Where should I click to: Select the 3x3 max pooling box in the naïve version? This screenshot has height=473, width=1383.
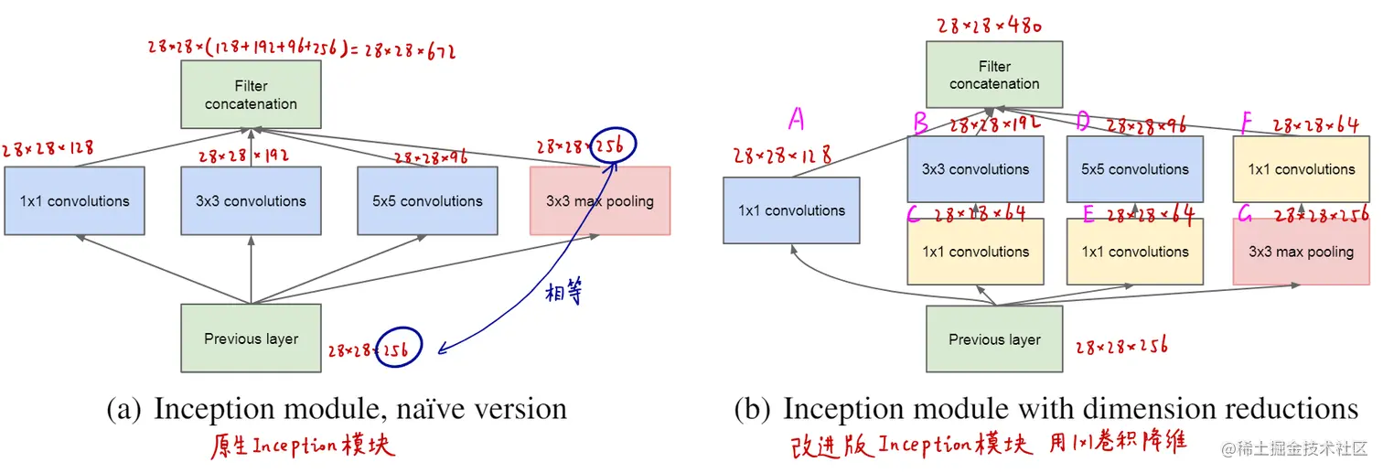pyautogui.click(x=600, y=200)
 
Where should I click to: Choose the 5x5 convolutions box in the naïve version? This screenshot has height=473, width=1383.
pyautogui.click(x=427, y=200)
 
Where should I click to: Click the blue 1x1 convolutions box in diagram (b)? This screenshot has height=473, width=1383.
pyautogui.click(x=791, y=210)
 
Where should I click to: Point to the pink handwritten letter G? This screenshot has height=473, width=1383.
pyautogui.click(x=1245, y=216)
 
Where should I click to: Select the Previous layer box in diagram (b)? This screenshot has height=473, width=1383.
pyautogui.click(x=994, y=339)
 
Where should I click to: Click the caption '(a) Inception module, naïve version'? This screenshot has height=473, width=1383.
pyautogui.click(x=338, y=408)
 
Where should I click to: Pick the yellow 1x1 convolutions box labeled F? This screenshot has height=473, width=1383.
pyautogui.click(x=1301, y=169)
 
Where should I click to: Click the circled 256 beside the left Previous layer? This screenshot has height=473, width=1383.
pyautogui.click(x=400, y=347)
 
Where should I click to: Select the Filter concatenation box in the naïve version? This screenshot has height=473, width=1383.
pyautogui.click(x=251, y=94)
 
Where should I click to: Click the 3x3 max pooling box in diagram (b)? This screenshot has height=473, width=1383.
pyautogui.click(x=1301, y=252)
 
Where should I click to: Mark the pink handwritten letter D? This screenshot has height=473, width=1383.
pyautogui.click(x=1083, y=120)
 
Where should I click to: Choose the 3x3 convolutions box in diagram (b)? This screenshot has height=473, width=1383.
pyautogui.click(x=975, y=169)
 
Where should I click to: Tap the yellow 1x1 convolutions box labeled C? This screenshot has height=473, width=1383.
pyautogui.click(x=975, y=252)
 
